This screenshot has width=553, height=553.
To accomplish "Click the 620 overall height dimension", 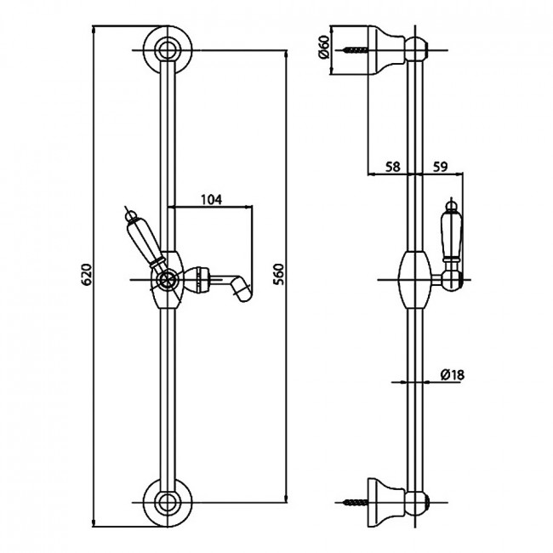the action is point(87,274).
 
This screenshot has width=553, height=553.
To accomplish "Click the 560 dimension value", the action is point(278,274).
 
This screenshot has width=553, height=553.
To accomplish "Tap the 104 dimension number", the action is point(211,200).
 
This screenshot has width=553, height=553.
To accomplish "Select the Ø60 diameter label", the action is point(323,48).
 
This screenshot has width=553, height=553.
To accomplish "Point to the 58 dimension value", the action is point(392,167).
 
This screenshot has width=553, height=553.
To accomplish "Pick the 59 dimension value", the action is point(440,167).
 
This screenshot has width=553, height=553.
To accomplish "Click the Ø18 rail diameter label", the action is point(452,374).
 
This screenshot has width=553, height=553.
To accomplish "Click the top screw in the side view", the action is point(355,50).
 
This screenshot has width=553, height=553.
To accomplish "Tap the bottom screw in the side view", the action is point(356,502).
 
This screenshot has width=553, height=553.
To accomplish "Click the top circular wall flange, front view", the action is point(168,50).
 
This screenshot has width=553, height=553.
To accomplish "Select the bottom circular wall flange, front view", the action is point(168,503).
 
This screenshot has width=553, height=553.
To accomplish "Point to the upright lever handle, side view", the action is point(451,234).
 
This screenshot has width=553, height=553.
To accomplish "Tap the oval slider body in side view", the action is point(415,280).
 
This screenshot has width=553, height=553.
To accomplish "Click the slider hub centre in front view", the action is point(165,280).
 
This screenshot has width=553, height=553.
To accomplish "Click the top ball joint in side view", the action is point(415,50).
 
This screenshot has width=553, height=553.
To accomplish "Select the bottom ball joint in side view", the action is point(415,502).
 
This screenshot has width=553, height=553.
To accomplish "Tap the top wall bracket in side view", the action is point(386,49).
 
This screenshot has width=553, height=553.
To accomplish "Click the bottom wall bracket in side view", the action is point(386,503).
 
